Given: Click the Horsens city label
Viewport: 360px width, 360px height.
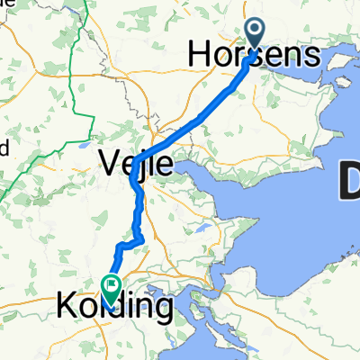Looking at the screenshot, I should point(254,56).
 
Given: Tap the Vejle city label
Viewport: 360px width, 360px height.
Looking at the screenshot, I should point(135,164).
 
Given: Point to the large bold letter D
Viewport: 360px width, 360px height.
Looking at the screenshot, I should point(347,184).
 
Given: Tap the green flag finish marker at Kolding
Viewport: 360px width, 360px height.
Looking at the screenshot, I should point(112,289).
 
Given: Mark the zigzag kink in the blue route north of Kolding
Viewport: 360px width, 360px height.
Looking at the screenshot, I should point(131,242).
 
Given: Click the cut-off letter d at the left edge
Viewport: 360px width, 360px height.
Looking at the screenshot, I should point(4,146).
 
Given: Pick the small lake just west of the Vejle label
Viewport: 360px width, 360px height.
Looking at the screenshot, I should point(84,145).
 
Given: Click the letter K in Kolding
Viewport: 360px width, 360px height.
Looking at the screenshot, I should point(67,307).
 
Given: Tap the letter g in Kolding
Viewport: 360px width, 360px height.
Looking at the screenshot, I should point(162,310).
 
